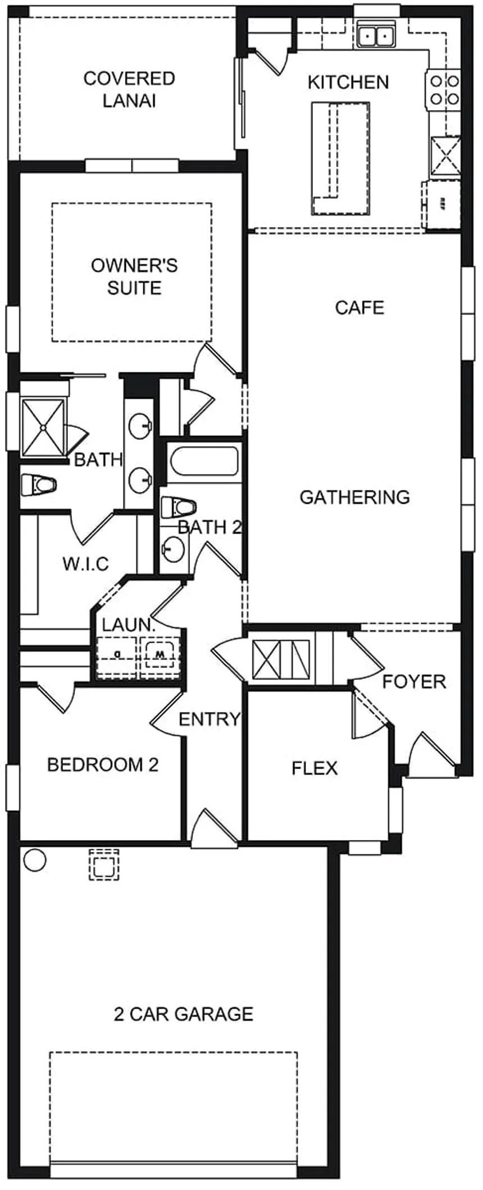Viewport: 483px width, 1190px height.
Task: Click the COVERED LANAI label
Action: tap(129, 89)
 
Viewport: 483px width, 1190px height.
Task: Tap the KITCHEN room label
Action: tap(348, 82)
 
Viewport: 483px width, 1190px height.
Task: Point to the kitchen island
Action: tap(340, 158)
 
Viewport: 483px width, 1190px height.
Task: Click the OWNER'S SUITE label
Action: tap(134, 276)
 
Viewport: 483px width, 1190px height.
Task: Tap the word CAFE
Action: tap(359, 307)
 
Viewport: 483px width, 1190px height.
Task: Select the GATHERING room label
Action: tap(354, 496)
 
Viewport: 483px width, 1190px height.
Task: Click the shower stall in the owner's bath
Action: tap(43, 427)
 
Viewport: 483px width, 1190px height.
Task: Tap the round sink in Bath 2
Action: tap(174, 548)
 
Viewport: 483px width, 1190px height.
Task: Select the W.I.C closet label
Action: tap(85, 563)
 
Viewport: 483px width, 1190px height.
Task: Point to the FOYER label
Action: tap(414, 681)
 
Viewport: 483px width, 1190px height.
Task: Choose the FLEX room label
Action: tap(315, 768)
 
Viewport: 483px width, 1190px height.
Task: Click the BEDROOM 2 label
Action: tap(103, 764)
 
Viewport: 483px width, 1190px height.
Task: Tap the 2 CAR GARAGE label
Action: tap(184, 1014)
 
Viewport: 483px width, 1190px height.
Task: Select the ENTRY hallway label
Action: tap(209, 719)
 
